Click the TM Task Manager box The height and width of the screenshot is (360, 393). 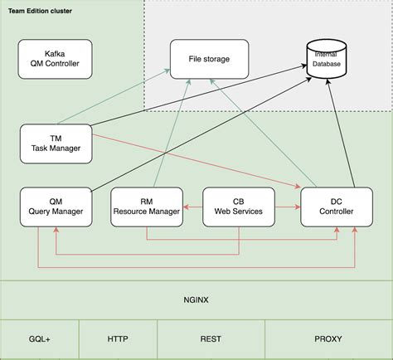click(x=55, y=144)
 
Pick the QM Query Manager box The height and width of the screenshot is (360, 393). click(x=55, y=207)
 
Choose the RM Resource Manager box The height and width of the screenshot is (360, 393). click(x=146, y=207)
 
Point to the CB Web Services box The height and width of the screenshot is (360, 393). click(x=239, y=207)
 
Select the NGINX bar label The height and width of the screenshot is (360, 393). click(x=196, y=299)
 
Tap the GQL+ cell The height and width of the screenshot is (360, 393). click(x=39, y=339)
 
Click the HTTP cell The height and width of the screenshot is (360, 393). click(x=118, y=339)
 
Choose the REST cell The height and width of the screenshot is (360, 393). click(x=210, y=339)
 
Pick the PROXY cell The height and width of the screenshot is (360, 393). click(x=328, y=339)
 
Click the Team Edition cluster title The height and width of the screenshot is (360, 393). click(x=40, y=11)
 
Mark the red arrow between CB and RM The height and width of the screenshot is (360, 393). click(x=192, y=202)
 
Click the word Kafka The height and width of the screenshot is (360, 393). click(x=55, y=52)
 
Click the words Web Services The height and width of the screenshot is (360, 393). click(x=239, y=212)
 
